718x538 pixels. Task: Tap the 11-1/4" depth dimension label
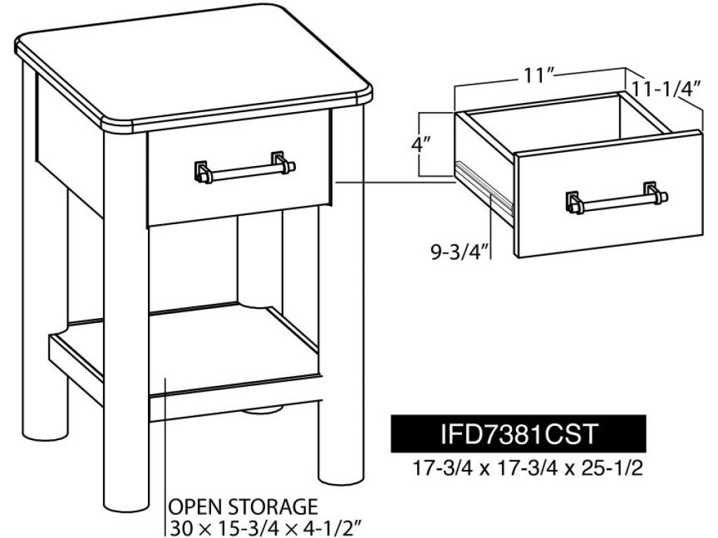click(x=667, y=89)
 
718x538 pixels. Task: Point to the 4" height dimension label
click(x=421, y=145)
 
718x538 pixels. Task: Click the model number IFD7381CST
click(x=519, y=433)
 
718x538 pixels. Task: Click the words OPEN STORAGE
click(x=243, y=507)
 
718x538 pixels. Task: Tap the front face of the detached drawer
click(x=610, y=193)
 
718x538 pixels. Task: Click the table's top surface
click(x=192, y=73)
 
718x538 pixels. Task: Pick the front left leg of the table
click(x=126, y=320)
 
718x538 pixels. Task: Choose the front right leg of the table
click(x=341, y=297)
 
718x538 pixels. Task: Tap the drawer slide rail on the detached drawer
click(x=483, y=190)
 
